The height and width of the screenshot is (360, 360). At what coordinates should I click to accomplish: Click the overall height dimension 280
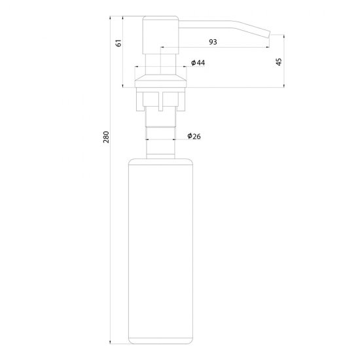point(106,137)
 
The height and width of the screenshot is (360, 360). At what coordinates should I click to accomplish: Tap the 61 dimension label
point(118,43)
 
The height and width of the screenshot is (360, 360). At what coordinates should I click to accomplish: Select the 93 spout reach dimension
point(213,42)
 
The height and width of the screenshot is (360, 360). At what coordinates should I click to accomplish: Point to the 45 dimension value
point(279,62)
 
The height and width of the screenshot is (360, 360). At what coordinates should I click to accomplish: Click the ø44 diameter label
point(198,63)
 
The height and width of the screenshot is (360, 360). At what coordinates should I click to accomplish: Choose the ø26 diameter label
point(194,136)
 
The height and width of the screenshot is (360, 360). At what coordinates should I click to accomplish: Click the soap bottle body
point(160,251)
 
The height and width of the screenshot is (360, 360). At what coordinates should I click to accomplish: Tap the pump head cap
point(160,35)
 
